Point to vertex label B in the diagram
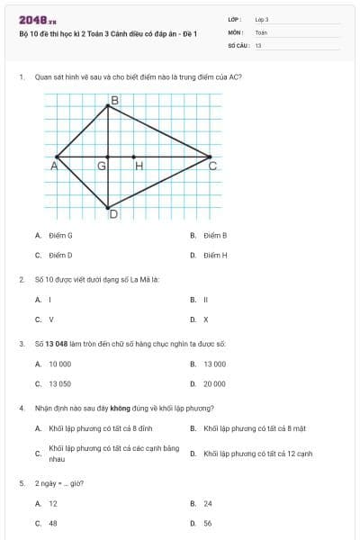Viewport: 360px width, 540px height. (113, 101)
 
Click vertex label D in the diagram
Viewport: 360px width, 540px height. (113, 214)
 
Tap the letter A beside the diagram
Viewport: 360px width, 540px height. (54, 166)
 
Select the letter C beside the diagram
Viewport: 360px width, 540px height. (212, 166)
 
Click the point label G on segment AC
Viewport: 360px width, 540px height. (102, 166)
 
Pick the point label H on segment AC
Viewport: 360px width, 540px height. (139, 166)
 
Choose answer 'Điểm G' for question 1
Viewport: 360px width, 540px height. (60, 235)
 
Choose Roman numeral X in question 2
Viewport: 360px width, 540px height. (205, 319)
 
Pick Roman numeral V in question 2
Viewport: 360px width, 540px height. (50, 319)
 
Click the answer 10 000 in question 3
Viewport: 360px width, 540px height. (59, 364)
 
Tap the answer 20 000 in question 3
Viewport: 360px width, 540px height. (214, 383)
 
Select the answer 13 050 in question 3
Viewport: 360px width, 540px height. (59, 383)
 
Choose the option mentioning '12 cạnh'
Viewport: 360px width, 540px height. (257, 454)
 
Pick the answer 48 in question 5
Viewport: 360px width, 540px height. (52, 522)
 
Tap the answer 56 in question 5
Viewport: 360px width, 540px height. (207, 522)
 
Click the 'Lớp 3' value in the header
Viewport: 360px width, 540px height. (262, 19)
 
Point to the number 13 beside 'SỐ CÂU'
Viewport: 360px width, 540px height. (258, 44)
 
